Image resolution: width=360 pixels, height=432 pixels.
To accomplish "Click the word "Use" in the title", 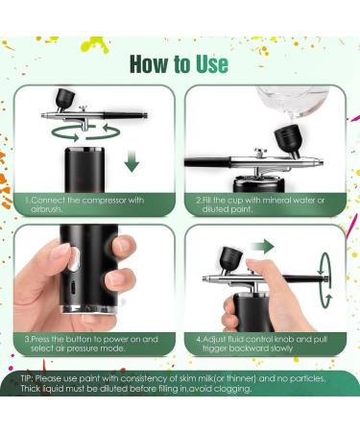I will [x=209, y=63].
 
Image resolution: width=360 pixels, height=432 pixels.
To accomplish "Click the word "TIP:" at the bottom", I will [x=31, y=379].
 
